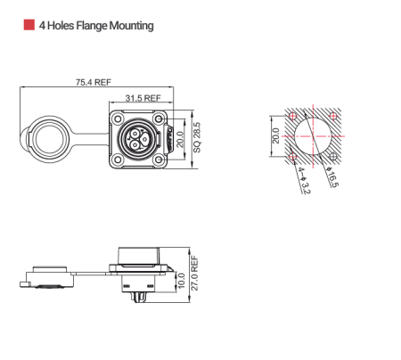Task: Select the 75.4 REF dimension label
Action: tap(93, 81)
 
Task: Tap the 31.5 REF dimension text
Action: tap(143, 97)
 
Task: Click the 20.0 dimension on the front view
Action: tap(182, 137)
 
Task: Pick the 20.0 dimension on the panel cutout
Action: tap(275, 136)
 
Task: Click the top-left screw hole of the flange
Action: tap(116, 116)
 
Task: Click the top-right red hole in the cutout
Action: tap(333, 116)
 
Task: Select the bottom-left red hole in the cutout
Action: tap(293, 157)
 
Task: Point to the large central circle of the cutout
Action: tap(313, 136)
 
